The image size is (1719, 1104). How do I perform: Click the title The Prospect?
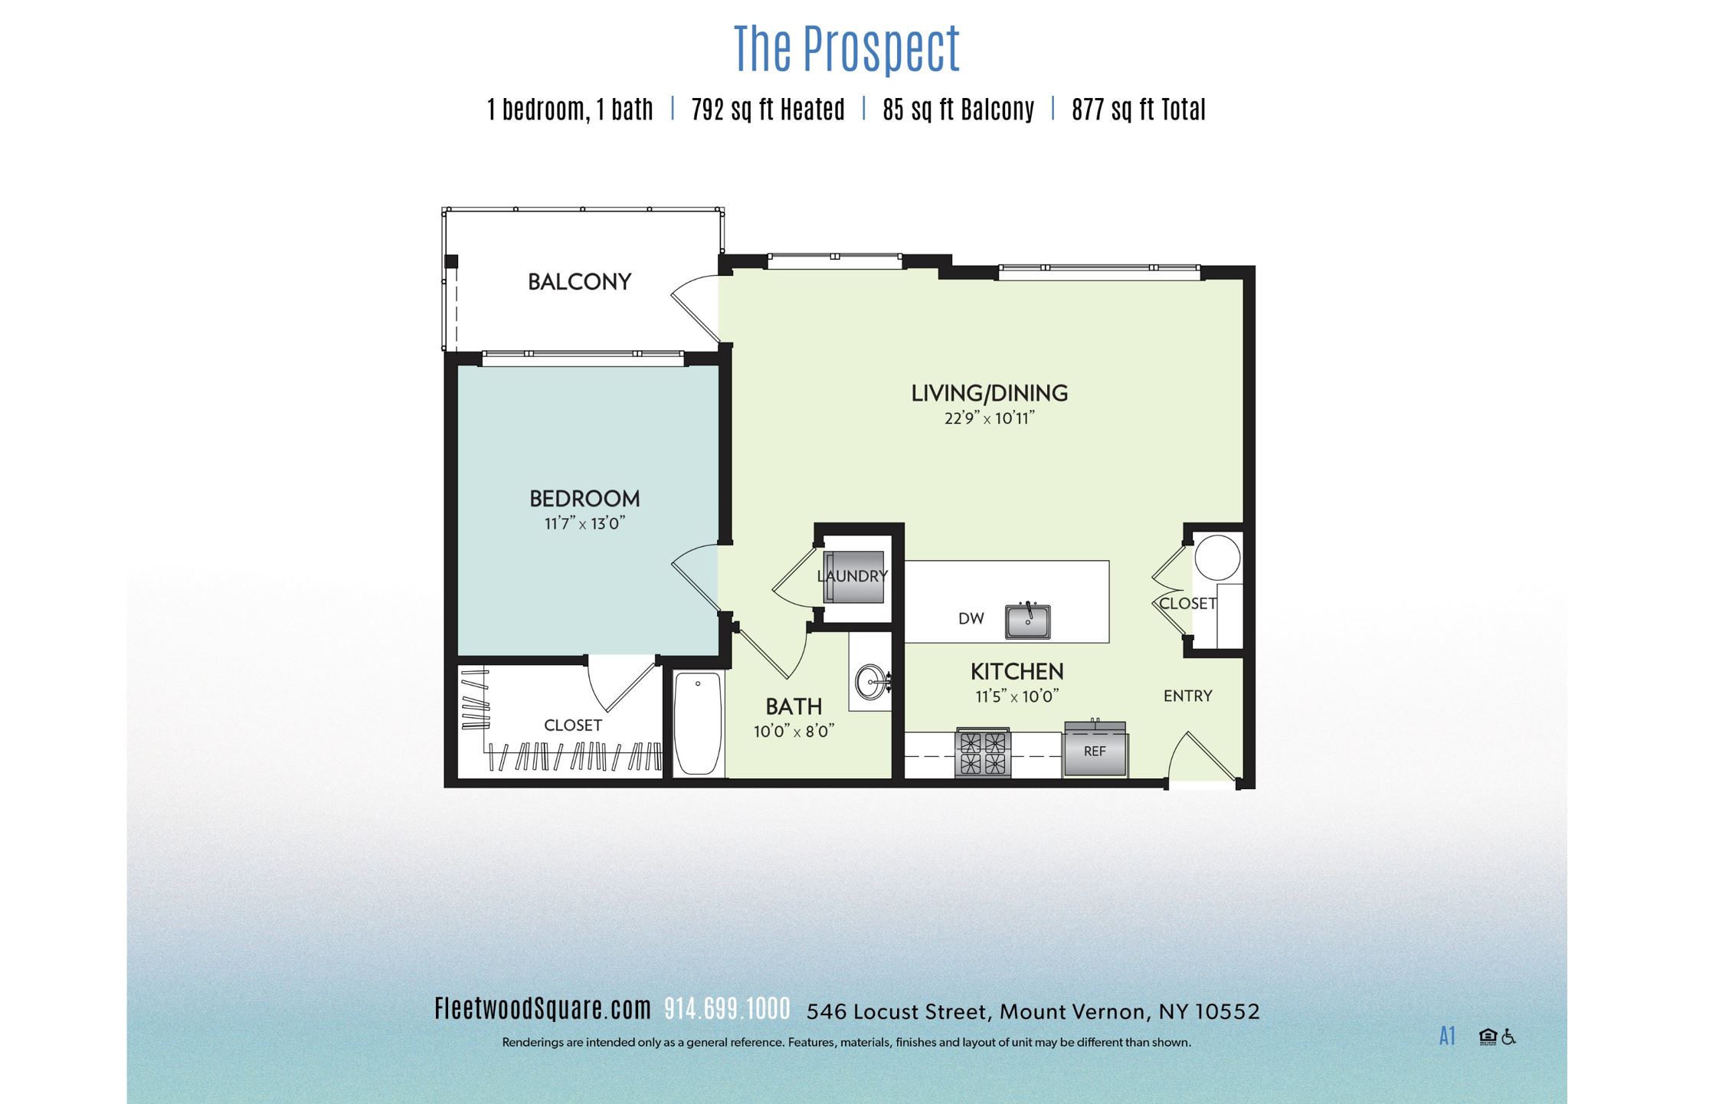tap(846, 49)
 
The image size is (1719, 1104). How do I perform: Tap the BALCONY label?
tap(579, 282)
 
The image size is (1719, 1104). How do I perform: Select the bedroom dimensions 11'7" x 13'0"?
tap(584, 524)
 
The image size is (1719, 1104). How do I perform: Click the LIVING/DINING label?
tap(989, 393)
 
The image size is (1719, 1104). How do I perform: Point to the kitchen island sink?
tap(1027, 621)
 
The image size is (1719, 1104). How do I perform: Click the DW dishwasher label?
tap(971, 618)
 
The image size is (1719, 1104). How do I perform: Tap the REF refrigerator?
tap(1095, 751)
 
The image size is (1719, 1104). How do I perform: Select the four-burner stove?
tap(982, 753)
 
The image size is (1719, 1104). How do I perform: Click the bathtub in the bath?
tap(698, 723)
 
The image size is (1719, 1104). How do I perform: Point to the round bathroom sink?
tap(871, 682)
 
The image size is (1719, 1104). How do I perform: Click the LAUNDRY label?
tap(852, 575)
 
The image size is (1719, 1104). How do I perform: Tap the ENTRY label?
tap(1187, 696)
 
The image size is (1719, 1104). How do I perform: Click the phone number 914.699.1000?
tap(727, 1009)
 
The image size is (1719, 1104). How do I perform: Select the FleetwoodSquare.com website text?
tap(542, 1009)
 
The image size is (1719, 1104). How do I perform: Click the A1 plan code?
tap(1446, 1037)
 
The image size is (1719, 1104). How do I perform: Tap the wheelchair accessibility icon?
tap(1508, 1037)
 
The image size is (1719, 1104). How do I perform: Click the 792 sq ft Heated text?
tap(768, 110)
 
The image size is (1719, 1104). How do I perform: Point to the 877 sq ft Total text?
tap(1138, 110)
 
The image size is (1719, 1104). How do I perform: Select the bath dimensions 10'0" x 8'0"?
tap(794, 732)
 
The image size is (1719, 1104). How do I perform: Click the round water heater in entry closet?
tap(1217, 557)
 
